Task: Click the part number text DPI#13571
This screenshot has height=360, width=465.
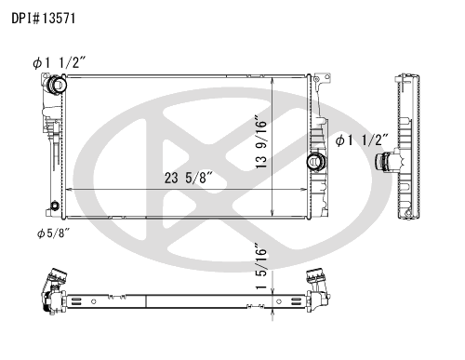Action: click(x=44, y=19)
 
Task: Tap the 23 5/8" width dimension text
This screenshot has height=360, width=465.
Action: click(x=189, y=178)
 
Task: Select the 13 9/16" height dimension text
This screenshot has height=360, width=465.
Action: click(x=261, y=141)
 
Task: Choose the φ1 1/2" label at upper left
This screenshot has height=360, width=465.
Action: click(x=59, y=63)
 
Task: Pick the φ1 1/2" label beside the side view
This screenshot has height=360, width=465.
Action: click(x=362, y=140)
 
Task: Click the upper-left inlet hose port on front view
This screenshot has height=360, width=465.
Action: click(x=56, y=84)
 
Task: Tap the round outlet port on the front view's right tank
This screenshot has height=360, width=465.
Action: click(x=316, y=162)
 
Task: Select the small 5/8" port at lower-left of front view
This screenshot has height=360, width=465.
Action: click(x=55, y=206)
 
